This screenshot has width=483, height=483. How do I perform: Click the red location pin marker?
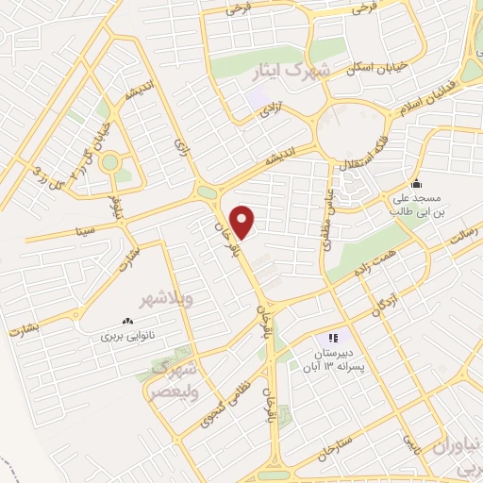(243, 221)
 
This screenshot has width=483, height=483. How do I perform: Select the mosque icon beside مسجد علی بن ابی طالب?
(416, 183)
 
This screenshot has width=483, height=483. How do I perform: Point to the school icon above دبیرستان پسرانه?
(332, 338)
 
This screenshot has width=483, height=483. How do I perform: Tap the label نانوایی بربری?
(125, 335)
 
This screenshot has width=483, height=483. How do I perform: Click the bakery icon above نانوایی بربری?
(127, 321)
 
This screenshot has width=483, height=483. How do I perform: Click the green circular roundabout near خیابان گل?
(110, 162)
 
